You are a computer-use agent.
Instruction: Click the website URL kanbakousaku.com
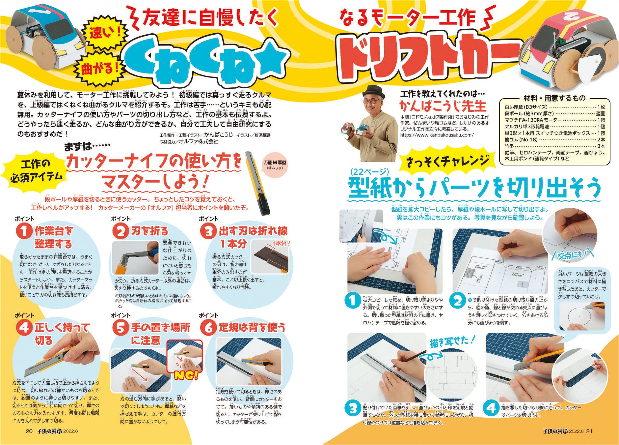(437, 135)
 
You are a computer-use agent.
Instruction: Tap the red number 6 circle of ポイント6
(208, 328)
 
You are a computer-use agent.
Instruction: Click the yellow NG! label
(186, 375)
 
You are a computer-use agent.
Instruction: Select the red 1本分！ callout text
(280, 244)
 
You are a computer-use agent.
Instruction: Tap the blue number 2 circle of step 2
(458, 301)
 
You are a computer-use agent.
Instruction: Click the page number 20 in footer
(29, 431)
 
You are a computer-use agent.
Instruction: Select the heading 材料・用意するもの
(554, 98)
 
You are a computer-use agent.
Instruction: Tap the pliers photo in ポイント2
(135, 257)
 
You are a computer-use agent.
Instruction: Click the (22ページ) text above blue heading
(370, 171)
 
